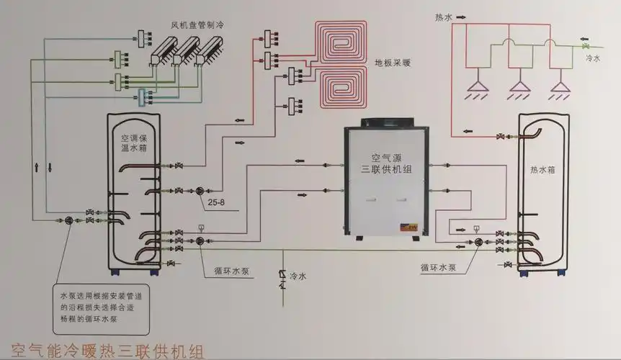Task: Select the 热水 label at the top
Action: [x=444, y=17]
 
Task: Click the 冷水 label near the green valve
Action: [x=592, y=57]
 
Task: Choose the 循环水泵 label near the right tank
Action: [x=437, y=267]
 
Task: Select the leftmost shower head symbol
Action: [x=475, y=88]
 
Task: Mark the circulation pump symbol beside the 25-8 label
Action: [x=198, y=191]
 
